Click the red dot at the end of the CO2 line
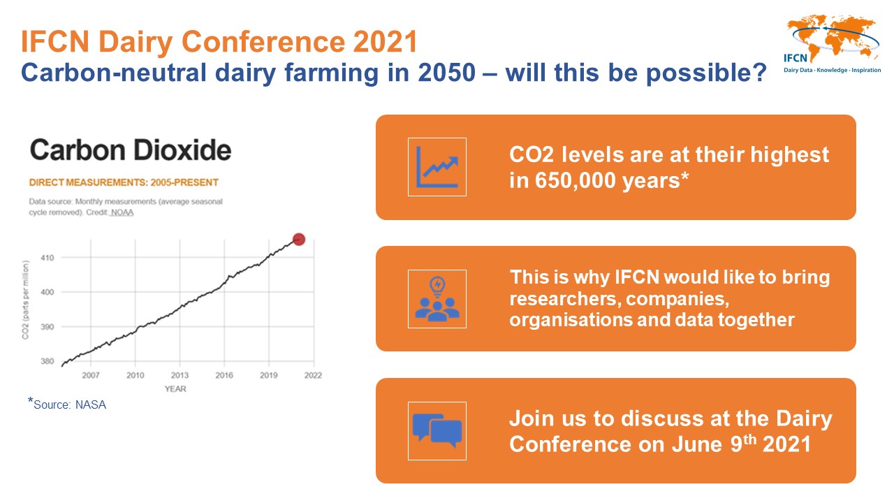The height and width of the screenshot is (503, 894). [299, 240]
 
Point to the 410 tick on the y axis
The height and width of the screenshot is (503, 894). [47, 258]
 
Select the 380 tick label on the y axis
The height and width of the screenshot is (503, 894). [47, 361]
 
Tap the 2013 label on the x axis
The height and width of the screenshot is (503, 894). [179, 375]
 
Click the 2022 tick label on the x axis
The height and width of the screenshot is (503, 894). [313, 375]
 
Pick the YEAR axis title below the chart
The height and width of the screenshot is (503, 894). [175, 389]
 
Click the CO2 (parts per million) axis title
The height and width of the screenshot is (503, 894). [26, 300]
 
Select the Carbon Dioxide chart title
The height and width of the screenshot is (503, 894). [131, 150]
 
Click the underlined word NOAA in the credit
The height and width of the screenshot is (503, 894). [122, 212]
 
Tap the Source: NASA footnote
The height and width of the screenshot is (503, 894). [67, 404]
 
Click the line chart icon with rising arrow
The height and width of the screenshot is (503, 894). [437, 167]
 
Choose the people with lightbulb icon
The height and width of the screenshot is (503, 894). [437, 299]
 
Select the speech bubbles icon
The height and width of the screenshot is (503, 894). [437, 431]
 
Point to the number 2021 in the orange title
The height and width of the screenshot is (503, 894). [385, 41]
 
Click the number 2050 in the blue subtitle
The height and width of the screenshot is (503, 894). [447, 73]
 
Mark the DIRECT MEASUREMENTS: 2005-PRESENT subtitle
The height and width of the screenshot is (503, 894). [124, 182]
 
